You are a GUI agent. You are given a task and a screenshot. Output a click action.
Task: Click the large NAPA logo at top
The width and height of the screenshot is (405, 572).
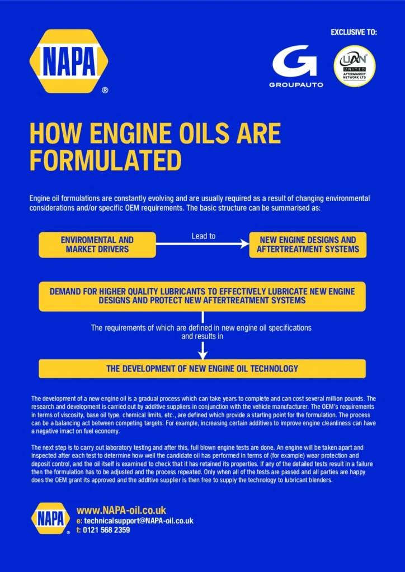click(x=69, y=61)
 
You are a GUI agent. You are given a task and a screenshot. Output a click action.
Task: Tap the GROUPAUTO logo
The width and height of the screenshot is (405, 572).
click(x=295, y=66)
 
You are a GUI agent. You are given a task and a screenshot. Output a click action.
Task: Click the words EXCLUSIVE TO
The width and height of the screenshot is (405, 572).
click(x=354, y=32)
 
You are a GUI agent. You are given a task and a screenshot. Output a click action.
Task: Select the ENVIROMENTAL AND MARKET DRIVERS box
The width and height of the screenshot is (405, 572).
click(x=97, y=245)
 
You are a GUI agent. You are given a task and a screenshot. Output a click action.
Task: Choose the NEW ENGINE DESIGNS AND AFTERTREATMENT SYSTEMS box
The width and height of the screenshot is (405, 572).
click(x=308, y=245)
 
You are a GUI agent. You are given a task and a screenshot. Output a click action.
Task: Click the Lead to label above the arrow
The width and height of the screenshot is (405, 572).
click(x=204, y=236)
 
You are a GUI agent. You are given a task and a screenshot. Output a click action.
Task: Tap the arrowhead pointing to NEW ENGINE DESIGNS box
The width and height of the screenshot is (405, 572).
click(x=244, y=244)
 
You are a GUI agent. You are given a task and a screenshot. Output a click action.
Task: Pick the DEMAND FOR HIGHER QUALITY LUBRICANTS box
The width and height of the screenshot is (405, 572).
click(x=202, y=296)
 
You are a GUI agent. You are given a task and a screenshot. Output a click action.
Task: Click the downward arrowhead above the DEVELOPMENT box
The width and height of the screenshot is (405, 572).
click(x=202, y=355)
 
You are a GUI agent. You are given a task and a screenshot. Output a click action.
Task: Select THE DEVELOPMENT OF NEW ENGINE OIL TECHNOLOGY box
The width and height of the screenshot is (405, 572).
click(x=202, y=369)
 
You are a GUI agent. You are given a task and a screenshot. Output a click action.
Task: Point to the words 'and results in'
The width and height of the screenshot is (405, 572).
click(x=202, y=336)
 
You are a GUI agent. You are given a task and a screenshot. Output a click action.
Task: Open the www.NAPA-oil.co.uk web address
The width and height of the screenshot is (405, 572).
click(x=121, y=510)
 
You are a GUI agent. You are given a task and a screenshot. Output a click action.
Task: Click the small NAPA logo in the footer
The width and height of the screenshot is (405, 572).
click(x=50, y=518)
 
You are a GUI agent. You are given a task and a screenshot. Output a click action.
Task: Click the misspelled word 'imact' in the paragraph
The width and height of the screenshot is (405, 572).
click(x=68, y=431)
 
